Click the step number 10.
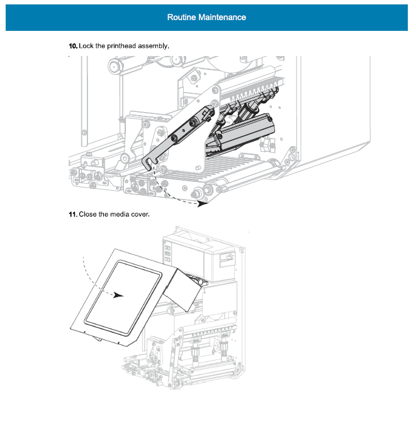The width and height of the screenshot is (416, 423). [73, 46]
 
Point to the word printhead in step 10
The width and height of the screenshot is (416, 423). [120, 46]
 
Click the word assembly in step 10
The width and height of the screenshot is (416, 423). [154, 46]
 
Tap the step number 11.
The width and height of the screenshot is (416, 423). [73, 215]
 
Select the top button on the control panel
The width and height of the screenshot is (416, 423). [168, 248]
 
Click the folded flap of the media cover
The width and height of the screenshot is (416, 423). [183, 286]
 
